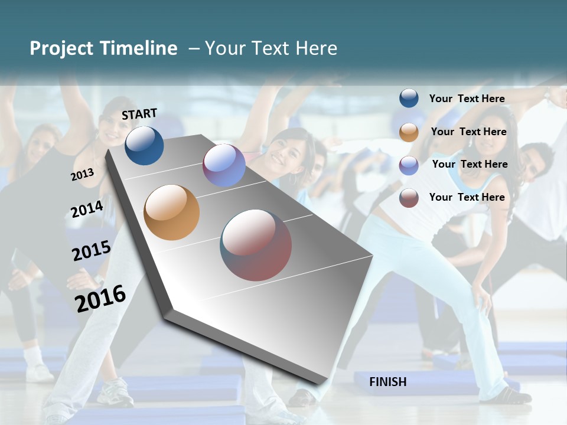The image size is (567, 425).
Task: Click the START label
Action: pyautogui.click(x=139, y=114)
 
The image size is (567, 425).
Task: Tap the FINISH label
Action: pyautogui.click(x=388, y=382)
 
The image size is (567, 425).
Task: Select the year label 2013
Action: pyautogui.click(x=83, y=175)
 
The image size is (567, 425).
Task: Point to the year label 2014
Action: pyautogui.click(x=87, y=209)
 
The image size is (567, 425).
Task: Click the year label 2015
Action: pyautogui.click(x=91, y=251)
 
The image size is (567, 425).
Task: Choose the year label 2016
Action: pyautogui.click(x=100, y=298)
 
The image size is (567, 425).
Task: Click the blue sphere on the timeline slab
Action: pyautogui.click(x=144, y=145)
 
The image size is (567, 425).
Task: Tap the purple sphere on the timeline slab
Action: pyautogui.click(x=224, y=165)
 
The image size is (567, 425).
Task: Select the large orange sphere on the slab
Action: pyautogui.click(x=171, y=212)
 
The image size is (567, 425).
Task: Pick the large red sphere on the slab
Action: pyautogui.click(x=256, y=245)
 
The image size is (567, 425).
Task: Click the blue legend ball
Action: pyautogui.click(x=409, y=99)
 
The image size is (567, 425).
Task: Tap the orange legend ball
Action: pyautogui.click(x=409, y=132)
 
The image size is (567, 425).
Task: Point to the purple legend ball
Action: pyautogui.click(x=409, y=165)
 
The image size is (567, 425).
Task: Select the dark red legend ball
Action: pyautogui.click(x=409, y=198)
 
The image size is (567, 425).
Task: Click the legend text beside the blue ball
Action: pyautogui.click(x=467, y=99)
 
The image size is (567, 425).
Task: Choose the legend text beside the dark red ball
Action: pyautogui.click(x=467, y=197)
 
